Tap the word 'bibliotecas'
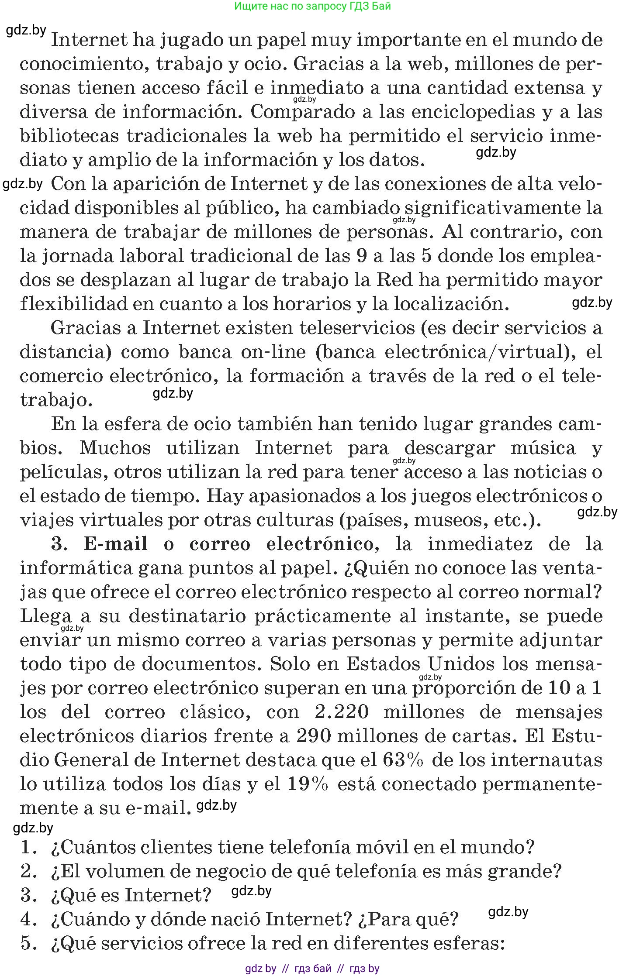tap(69, 136)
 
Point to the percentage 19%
tap(308, 784)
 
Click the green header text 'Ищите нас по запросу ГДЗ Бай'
tap(312, 6)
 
